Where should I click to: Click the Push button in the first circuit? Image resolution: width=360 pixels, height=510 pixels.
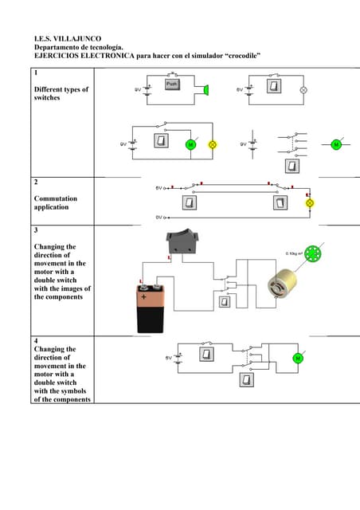pos(174,84)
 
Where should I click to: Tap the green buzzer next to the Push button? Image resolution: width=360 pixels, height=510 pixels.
pos(205,89)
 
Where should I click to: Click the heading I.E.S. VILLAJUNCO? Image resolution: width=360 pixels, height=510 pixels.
pos(67,38)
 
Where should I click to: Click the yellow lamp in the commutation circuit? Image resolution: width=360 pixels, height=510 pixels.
pos(310,203)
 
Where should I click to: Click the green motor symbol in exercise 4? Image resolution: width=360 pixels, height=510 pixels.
pos(298,358)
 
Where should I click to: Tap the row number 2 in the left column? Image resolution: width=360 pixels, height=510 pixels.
pos(36,182)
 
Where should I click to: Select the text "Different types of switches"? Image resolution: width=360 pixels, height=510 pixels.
pos(61,94)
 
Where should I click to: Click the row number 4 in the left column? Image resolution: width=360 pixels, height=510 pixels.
pos(36,340)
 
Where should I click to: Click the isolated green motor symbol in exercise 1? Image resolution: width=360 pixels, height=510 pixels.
pos(335,144)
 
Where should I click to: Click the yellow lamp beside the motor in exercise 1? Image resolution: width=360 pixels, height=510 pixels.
pos(212,144)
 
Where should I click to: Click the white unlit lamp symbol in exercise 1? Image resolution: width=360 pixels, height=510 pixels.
pos(303,90)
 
